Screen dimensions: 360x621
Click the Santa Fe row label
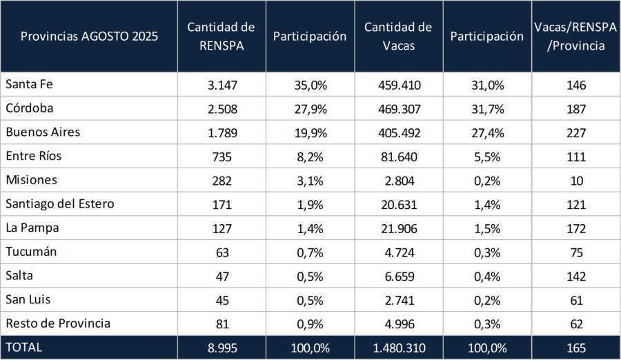(29, 85)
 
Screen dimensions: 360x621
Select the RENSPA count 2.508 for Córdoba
(221, 109)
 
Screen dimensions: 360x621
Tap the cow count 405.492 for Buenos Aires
(398, 132)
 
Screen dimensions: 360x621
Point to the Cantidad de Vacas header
(398, 37)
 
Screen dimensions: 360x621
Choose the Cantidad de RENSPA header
(221, 37)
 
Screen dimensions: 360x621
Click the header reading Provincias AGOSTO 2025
(89, 37)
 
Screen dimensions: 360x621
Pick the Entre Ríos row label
(33, 156)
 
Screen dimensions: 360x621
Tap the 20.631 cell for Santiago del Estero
(398, 204)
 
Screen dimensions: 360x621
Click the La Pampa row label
(31, 228)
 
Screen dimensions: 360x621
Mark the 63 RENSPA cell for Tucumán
(221, 252)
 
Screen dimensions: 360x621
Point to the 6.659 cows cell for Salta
(398, 276)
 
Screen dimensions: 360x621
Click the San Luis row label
(28, 299)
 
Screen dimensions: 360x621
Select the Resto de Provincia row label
(57, 323)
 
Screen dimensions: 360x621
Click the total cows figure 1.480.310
(398, 348)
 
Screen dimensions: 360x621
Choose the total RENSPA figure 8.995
(221, 348)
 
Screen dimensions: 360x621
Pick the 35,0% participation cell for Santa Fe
(310, 86)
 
